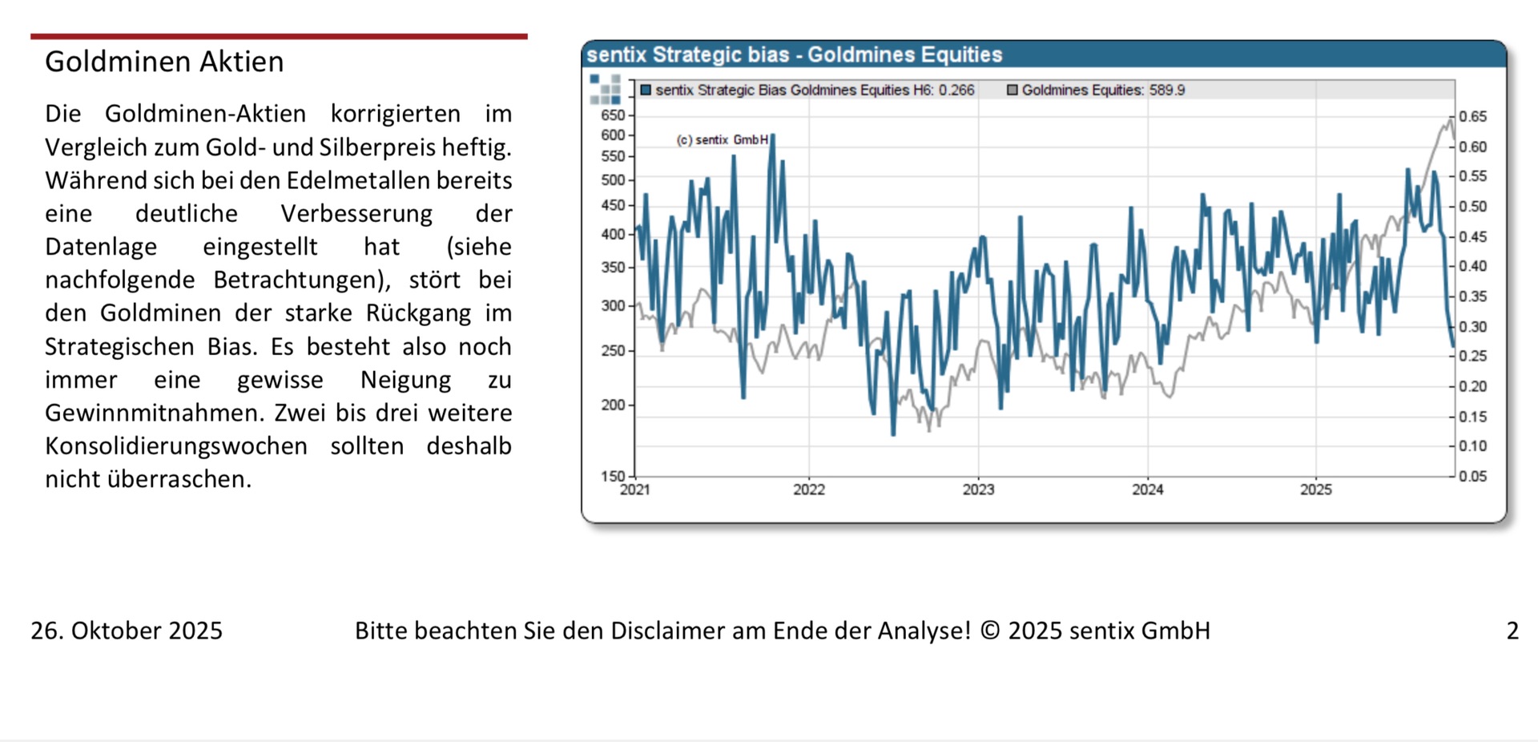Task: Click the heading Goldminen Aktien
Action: coord(164,62)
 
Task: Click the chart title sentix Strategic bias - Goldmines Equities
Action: coord(794,54)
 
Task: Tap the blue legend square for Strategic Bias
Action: coord(646,90)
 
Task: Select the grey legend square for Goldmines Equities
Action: coord(1012,90)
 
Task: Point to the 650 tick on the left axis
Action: coord(613,115)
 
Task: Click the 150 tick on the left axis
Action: coord(613,476)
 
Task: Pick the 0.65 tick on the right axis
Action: coord(1472,117)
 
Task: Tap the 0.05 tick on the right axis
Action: coord(1472,477)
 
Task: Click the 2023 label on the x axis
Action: coord(978,490)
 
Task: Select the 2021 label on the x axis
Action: coord(635,490)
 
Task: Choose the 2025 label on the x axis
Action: coord(1316,490)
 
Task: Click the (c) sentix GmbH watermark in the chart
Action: coord(723,140)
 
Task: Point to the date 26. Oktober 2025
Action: coord(127,631)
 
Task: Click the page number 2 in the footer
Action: coord(1512,631)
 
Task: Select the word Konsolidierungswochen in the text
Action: coord(176,446)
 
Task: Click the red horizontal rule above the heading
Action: coord(279,36)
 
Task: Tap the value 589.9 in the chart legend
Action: coord(1167,90)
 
